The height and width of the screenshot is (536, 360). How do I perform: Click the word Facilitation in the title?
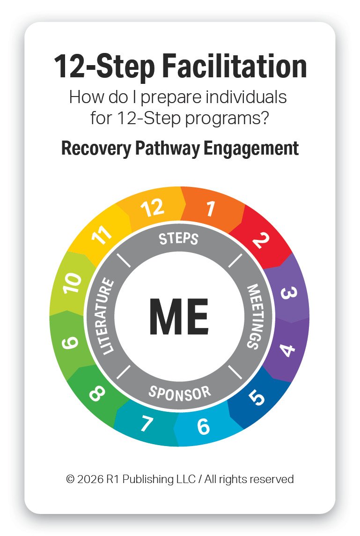point(235,67)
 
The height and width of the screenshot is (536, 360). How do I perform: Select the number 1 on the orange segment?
point(211,209)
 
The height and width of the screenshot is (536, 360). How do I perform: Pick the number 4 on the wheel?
point(287,350)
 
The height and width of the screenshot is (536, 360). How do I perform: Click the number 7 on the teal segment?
point(146,424)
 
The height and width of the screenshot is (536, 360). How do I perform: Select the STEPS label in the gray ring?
point(178,238)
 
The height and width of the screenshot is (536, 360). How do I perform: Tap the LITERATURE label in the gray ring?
point(105,316)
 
